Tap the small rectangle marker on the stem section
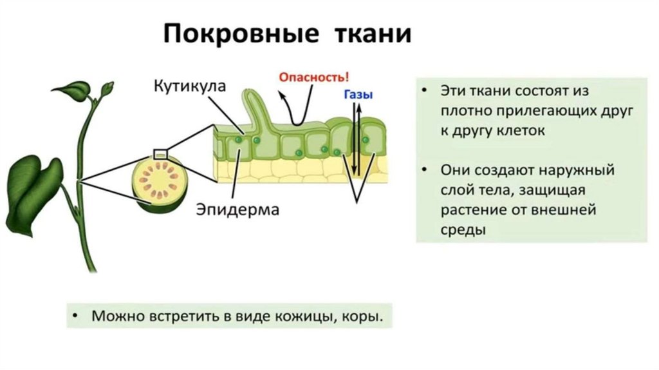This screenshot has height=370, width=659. tap(160, 153)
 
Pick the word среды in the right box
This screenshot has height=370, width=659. tap(462, 229)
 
